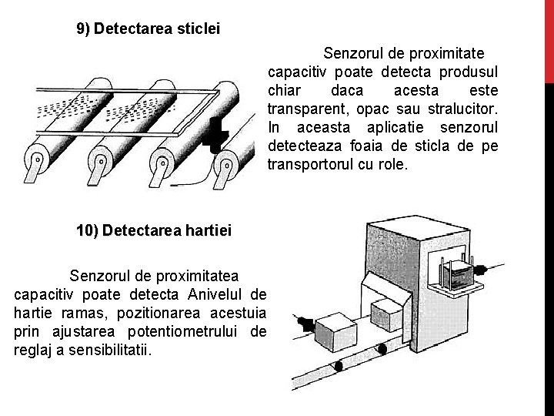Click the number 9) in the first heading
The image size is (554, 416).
click(83, 29)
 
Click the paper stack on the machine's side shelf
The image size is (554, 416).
click(461, 274)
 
